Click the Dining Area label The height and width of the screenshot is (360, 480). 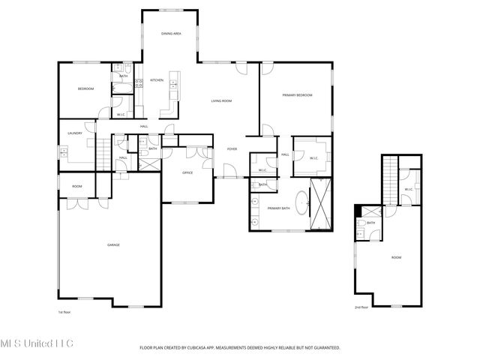[172, 34]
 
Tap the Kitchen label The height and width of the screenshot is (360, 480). [157, 80]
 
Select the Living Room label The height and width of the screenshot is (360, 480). [220, 100]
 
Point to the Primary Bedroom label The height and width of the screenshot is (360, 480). [297, 95]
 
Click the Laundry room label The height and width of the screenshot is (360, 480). [74, 133]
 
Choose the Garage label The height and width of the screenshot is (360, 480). [113, 244]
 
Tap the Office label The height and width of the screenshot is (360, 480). [188, 172]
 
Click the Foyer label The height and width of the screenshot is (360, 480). [232, 149]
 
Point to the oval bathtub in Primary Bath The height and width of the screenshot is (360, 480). [301, 204]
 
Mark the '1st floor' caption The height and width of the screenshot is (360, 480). [64, 311]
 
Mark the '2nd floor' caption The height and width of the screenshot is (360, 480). [361, 307]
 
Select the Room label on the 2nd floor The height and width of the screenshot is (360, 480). [396, 257]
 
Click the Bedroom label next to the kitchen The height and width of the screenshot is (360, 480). [85, 89]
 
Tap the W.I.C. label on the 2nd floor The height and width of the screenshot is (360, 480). [409, 189]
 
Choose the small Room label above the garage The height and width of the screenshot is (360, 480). [76, 186]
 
